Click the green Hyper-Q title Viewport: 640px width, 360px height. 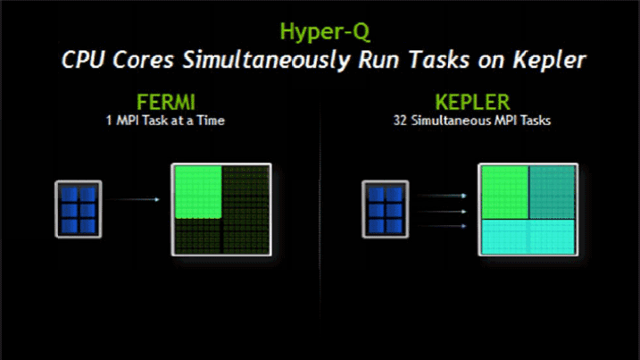[325, 32]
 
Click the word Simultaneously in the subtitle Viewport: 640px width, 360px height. [267, 61]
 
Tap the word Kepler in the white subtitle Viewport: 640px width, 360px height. [549, 61]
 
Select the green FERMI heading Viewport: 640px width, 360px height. [166, 102]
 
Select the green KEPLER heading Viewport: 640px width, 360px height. [473, 102]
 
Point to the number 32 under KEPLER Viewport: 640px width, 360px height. [400, 121]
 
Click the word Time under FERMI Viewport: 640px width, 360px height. [211, 121]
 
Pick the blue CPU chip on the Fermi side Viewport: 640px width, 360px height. [79, 209]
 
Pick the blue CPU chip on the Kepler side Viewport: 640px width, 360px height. [386, 209]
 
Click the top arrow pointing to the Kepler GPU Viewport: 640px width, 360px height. [442, 196]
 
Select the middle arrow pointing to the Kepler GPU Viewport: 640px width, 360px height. [442, 211]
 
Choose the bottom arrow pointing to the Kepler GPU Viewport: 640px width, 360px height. [442, 226]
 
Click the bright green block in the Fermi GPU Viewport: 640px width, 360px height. [198, 192]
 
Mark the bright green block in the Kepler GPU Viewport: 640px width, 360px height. [505, 192]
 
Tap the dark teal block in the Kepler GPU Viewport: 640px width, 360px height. [552, 192]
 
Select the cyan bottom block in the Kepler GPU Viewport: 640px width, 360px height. [528, 237]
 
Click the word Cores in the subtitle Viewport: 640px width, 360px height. [143, 61]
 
